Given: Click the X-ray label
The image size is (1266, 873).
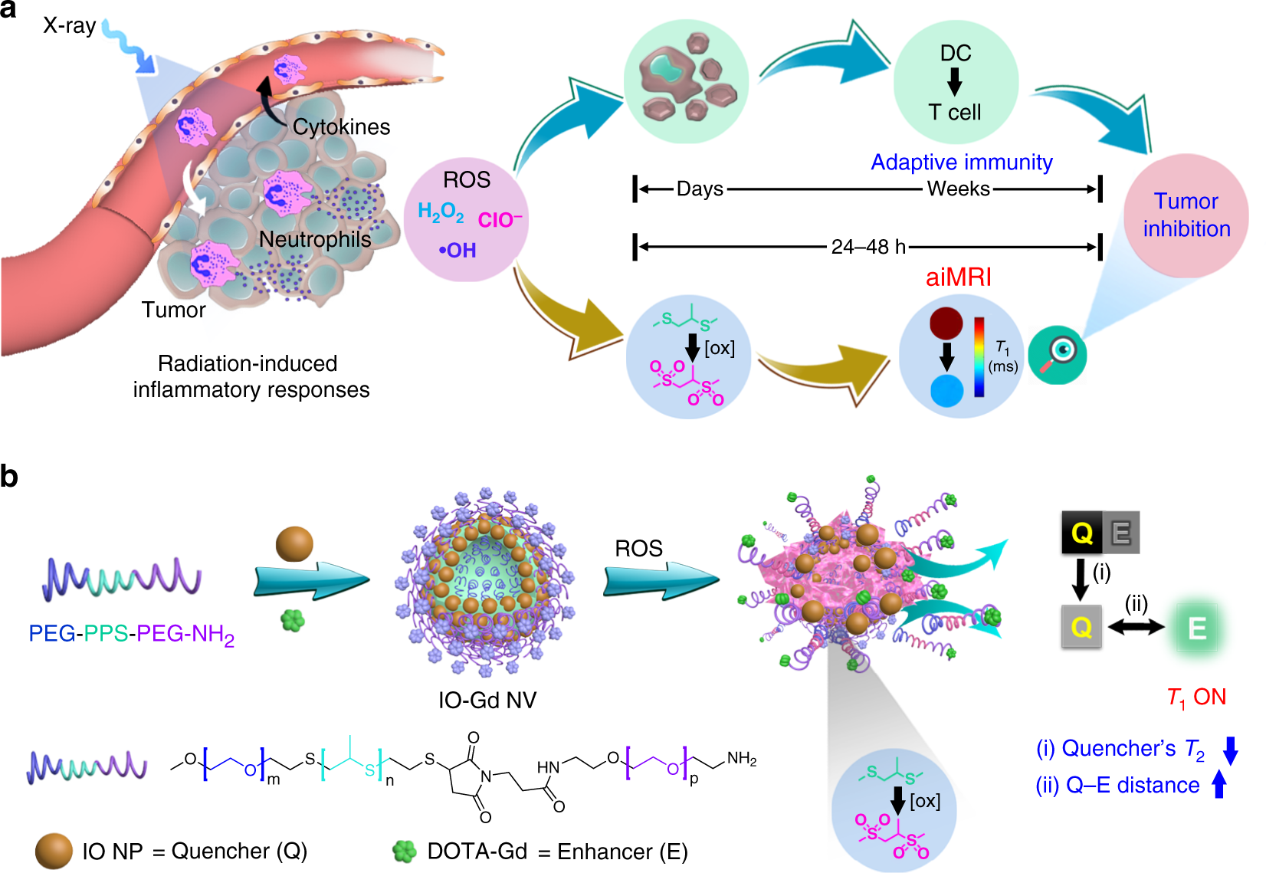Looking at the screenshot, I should click(x=69, y=26).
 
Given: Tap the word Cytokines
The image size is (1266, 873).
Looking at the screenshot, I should click(x=341, y=127).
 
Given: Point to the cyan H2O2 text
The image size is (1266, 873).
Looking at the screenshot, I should click(x=441, y=212).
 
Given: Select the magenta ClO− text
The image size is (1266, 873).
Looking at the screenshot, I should click(x=500, y=221).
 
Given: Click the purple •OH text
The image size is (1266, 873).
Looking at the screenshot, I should click(x=458, y=251).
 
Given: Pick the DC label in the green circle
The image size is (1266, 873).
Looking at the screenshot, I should click(x=956, y=54).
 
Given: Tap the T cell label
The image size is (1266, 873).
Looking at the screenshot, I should click(x=955, y=113).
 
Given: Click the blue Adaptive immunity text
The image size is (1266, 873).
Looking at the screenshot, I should click(x=962, y=162).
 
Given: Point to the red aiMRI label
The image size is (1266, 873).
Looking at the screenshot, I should click(x=958, y=277).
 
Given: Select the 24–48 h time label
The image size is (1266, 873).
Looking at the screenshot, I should click(x=868, y=247).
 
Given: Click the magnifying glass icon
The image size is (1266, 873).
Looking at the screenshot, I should click(x=1058, y=354).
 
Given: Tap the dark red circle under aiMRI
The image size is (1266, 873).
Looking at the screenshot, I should click(x=946, y=323).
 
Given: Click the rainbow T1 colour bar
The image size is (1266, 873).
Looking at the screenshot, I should click(x=979, y=357).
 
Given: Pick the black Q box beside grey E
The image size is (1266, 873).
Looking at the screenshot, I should click(x=1081, y=533).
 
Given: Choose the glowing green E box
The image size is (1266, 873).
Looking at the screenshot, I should click(x=1196, y=628).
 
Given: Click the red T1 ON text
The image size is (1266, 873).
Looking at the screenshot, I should click(x=1196, y=697).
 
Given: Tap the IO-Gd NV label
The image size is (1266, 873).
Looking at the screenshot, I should click(x=487, y=700).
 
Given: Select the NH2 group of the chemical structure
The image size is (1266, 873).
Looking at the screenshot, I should click(x=741, y=760).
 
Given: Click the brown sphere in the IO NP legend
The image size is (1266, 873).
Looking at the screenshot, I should click(x=54, y=852).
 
